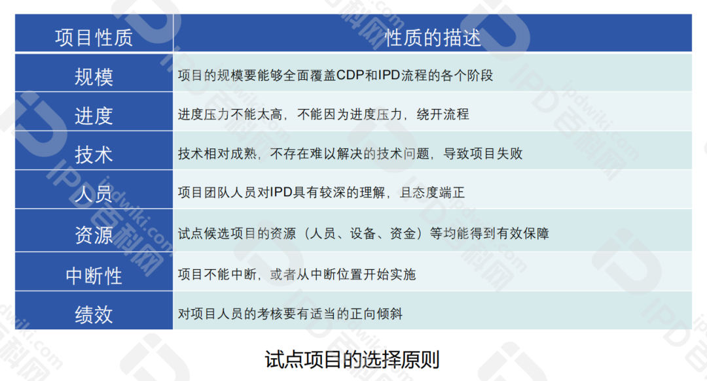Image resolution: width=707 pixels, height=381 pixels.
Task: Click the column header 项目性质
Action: (x=94, y=37)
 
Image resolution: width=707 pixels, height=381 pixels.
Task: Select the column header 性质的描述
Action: (x=433, y=37)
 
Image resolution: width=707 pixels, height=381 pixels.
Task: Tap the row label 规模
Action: (x=94, y=76)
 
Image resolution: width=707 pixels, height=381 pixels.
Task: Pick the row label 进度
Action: (x=94, y=116)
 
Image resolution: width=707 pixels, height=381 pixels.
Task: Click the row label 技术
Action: (x=94, y=155)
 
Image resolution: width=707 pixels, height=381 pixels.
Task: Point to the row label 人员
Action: (x=94, y=194)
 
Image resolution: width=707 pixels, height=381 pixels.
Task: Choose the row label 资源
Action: (x=94, y=234)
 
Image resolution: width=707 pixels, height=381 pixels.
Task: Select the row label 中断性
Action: (x=94, y=275)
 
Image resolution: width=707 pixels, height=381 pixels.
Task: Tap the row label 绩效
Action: (x=94, y=314)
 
